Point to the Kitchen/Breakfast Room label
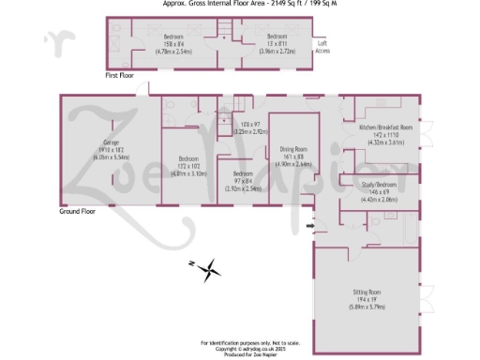[386, 127]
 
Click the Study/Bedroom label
[379, 185]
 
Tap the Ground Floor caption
[78, 212]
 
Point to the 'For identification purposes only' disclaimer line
[240, 343]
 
